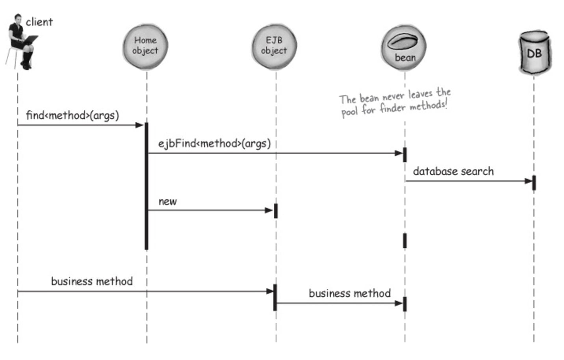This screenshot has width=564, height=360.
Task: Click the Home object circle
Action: coord(146,46)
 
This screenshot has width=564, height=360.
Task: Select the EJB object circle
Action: coord(275,46)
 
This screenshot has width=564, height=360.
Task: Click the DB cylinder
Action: coord(535,52)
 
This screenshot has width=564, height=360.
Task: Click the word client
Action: coord(39,22)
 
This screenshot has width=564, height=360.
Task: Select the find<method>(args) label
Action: coord(72,115)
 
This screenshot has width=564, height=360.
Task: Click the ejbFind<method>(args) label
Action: coord(215,144)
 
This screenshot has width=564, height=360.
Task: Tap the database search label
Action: coord(453,171)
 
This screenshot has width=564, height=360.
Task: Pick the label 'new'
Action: coord(168,201)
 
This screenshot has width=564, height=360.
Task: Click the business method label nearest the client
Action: coord(92,281)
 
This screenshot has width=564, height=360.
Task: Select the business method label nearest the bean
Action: coord(350,293)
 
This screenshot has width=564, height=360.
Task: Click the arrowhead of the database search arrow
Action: coord(528,181)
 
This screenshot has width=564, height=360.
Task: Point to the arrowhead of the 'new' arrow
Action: coord(269,210)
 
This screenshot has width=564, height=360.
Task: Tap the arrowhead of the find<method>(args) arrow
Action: coord(139,125)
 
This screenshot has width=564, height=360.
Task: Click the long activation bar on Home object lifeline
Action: coord(147,186)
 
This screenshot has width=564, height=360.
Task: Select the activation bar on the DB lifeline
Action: coord(534,183)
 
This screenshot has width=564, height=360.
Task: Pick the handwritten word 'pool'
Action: coord(349,112)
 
